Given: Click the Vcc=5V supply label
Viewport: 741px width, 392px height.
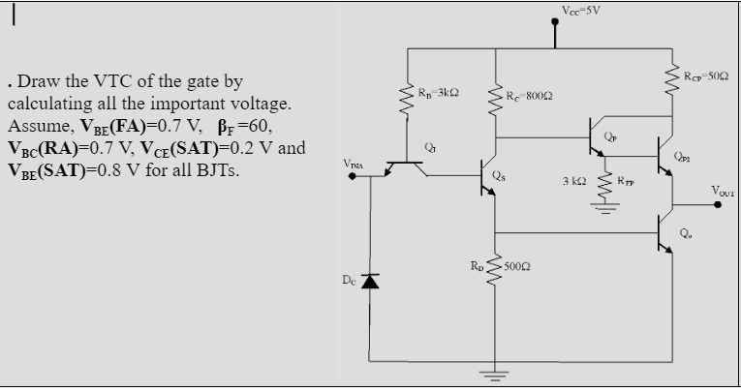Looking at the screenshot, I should [581, 11].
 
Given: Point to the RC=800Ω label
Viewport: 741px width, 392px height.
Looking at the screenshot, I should [531, 97].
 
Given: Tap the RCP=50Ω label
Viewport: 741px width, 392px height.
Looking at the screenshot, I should [702, 76].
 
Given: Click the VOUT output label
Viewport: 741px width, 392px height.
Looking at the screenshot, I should [723, 190].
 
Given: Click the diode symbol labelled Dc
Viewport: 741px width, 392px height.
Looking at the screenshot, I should [369, 281].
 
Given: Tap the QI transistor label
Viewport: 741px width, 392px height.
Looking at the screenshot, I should [432, 147].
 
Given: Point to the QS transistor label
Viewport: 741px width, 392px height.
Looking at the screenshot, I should [497, 176].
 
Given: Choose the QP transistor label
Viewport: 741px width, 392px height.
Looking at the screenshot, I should [609, 137].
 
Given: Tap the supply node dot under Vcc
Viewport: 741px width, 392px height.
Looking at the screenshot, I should [555, 43].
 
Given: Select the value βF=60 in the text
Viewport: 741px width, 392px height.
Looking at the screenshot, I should [248, 126].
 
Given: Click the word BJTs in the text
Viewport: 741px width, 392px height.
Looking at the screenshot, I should [215, 171].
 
